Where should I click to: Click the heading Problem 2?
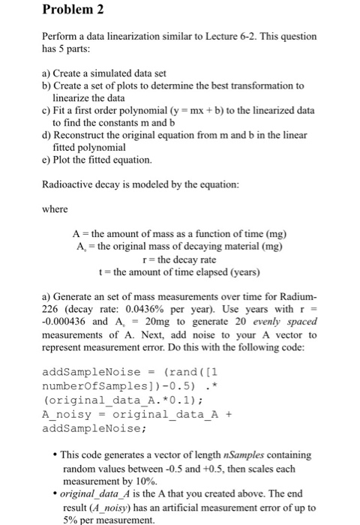click(x=43, y=10)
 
